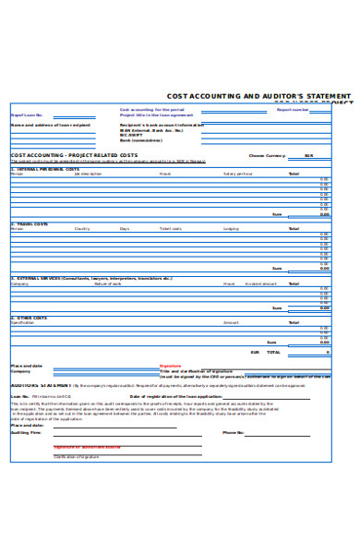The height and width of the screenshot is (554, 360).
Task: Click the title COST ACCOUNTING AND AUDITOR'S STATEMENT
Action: pyautogui.click(x=258, y=95)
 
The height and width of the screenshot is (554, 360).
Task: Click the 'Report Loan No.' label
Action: pyautogui.click(x=27, y=114)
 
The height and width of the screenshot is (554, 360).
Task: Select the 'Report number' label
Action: pyautogui.click(x=293, y=109)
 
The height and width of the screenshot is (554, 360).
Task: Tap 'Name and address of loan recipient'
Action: pyautogui.click(x=51, y=125)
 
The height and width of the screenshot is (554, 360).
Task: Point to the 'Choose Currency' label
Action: pyautogui.click(x=269, y=155)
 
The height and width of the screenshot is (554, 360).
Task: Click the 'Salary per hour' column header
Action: pyautogui.click(x=237, y=174)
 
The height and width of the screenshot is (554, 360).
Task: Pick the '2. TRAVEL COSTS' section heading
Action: pyautogui.click(x=31, y=223)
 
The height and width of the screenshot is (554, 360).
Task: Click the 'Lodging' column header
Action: pyautogui.click(x=231, y=228)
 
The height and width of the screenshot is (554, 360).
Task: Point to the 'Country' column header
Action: pyautogui.click(x=82, y=228)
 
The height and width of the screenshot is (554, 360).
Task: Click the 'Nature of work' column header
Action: pyautogui.click(x=108, y=283)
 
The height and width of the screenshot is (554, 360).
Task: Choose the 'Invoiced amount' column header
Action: pyautogui.click(x=260, y=283)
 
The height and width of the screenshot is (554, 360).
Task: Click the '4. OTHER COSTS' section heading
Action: pyautogui.click(x=30, y=317)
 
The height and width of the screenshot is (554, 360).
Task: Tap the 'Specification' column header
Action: pyautogui.click(x=22, y=322)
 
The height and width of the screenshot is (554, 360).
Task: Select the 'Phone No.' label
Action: pyautogui.click(x=234, y=432)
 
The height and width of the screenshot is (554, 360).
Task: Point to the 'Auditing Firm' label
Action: pyautogui.click(x=26, y=432)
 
